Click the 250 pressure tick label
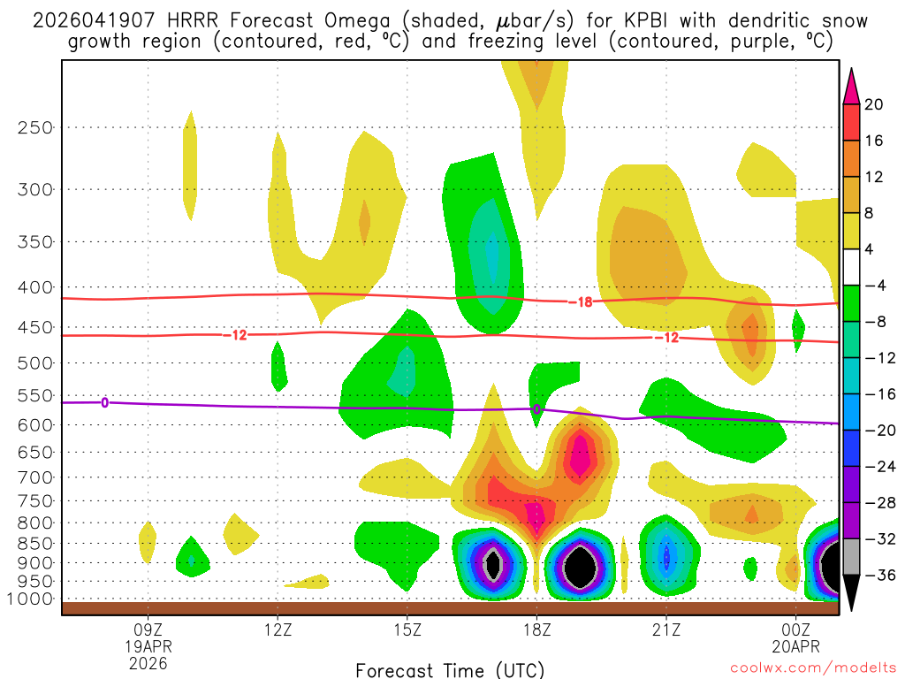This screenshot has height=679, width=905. coord(35,127)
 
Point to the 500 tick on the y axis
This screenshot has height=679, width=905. coord(35,362)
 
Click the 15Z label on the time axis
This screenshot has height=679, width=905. coord(407,629)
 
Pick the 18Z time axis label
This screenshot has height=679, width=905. coord(536,629)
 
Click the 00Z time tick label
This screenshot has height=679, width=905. coord(795,629)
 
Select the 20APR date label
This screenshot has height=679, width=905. coord(795,646)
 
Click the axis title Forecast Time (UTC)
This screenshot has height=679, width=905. coord(450,669)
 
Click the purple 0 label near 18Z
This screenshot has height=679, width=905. coord(536,409)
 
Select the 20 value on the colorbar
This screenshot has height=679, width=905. coord(874,104)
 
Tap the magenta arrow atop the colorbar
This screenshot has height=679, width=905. coord(852,86)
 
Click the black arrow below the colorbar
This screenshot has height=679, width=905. coord(852,593)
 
